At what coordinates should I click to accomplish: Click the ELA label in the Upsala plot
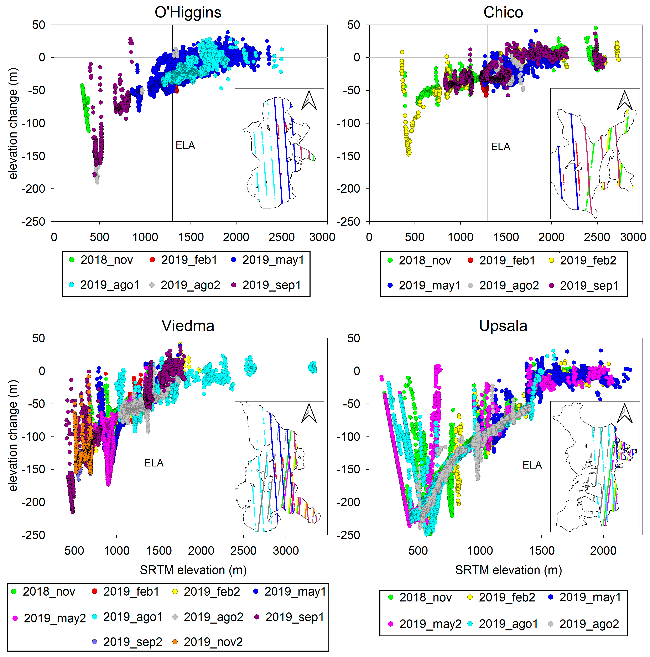coord(532,465)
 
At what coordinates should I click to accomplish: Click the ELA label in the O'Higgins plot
coord(185,146)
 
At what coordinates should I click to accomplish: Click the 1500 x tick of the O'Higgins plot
coord(191,237)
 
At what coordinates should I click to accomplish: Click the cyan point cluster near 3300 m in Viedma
coord(312,367)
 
